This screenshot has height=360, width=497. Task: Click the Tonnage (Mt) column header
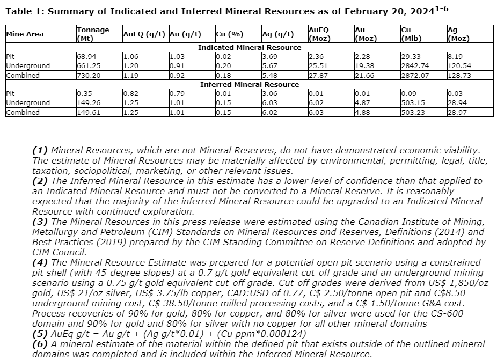coord(93,34)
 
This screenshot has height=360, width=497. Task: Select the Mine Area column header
coord(25,34)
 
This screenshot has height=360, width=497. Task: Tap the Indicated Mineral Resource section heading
coord(250,48)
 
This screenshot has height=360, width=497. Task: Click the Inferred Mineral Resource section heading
coord(250,85)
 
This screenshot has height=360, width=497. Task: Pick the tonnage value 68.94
coord(86,56)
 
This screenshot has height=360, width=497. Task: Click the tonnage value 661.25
coord(88,66)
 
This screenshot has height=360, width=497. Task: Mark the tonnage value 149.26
coord(88,103)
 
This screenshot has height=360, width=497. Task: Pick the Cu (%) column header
coord(229,34)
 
